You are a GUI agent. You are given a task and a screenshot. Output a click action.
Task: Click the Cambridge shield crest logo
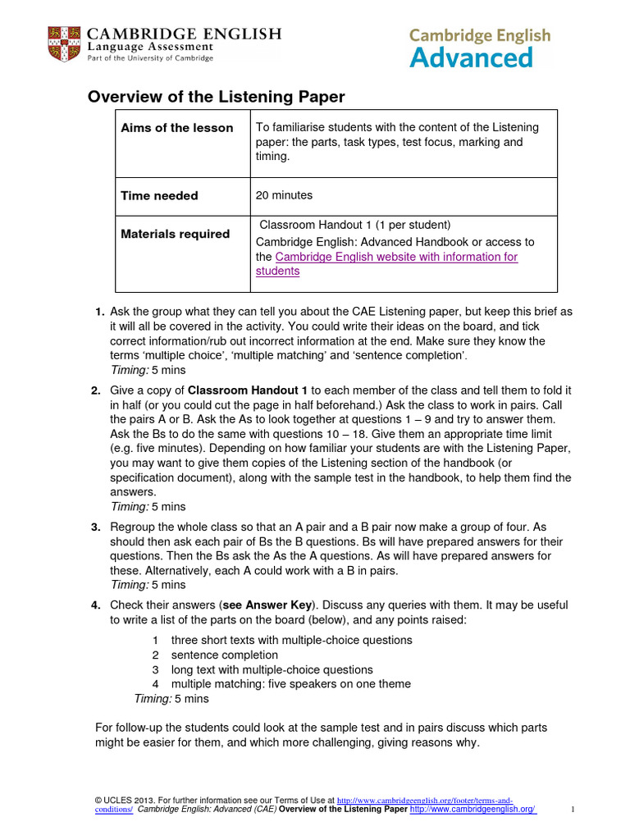click(64, 43)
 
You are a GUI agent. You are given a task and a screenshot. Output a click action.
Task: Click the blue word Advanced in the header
click(471, 57)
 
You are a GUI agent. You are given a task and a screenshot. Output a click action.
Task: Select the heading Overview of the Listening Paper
click(217, 97)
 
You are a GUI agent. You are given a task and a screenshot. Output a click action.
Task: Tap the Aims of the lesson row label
click(177, 128)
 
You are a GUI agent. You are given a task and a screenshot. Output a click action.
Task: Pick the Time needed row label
click(159, 196)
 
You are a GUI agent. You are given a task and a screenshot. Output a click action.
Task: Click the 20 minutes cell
click(284, 195)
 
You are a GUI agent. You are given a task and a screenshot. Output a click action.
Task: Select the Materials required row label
click(176, 234)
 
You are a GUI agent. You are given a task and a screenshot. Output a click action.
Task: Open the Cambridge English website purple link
click(396, 257)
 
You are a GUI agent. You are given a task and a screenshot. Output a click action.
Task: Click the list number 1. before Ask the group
click(99, 312)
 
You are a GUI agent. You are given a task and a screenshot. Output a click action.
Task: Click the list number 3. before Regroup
click(96, 527)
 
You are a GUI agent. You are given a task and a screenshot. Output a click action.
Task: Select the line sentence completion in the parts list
click(224, 655)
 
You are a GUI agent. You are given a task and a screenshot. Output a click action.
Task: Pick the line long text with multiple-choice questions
click(272, 669)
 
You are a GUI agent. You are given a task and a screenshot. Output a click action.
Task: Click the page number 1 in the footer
click(573, 810)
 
